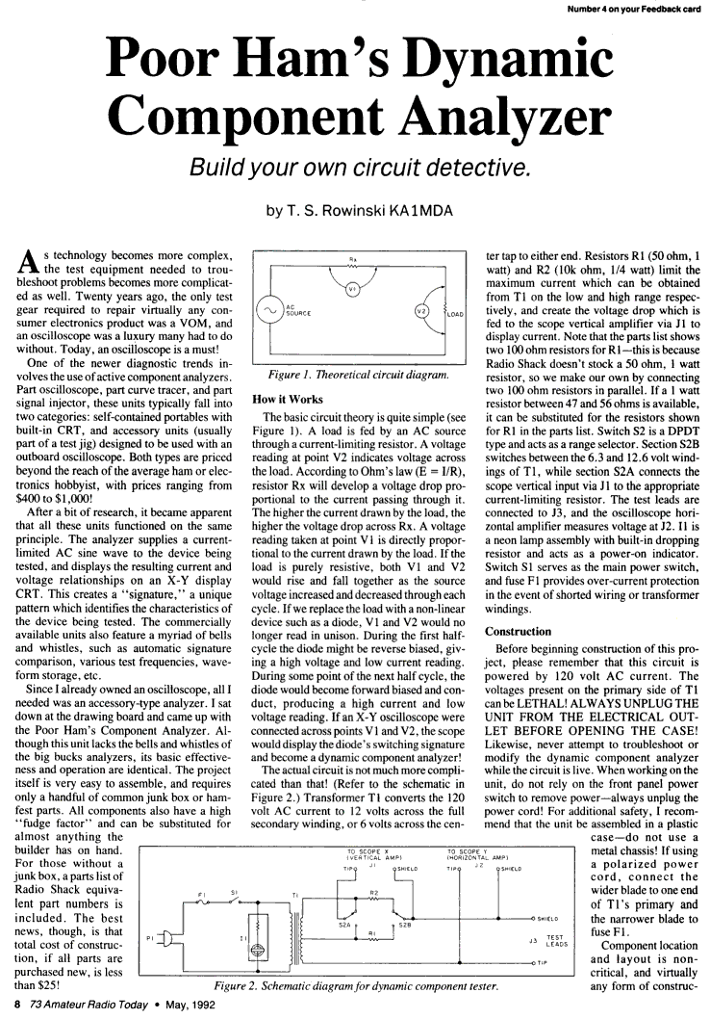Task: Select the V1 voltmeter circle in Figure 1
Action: [x=351, y=290]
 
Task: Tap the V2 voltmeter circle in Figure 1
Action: [x=420, y=311]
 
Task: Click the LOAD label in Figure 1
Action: [x=457, y=313]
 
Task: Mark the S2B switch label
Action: [x=405, y=927]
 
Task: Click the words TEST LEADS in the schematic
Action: [x=555, y=936]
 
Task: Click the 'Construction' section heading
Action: [x=519, y=632]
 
